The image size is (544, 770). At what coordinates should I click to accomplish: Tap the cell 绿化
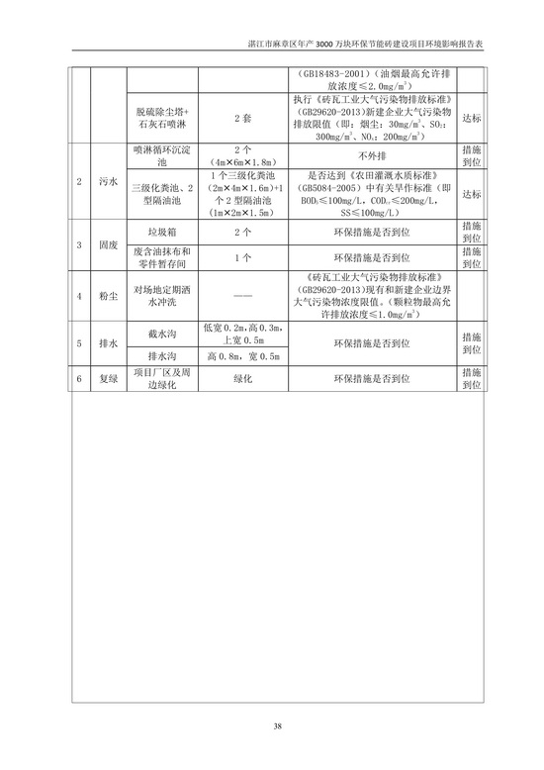(x=242, y=378)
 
